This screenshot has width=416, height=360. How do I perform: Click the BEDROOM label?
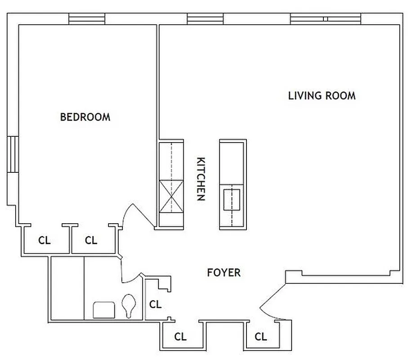click(85, 117)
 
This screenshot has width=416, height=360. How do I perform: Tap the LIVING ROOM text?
click(322, 96)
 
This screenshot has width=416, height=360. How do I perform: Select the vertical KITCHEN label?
click(201, 179)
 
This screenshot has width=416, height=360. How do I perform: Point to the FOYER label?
click(224, 273)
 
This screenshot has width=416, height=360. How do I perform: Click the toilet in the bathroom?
click(129, 306)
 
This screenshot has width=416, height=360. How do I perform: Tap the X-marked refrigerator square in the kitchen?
click(171, 197)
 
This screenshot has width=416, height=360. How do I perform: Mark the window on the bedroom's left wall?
click(12, 154)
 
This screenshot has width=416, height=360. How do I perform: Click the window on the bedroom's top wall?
click(87, 19)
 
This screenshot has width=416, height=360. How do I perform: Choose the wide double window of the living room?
click(326, 19)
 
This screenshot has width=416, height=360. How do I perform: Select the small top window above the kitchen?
click(205, 19)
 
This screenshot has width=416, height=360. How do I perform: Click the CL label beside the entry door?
click(261, 337)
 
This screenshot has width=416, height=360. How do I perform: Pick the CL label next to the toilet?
click(155, 305)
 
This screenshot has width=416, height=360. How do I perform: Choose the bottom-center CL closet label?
click(180, 337)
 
